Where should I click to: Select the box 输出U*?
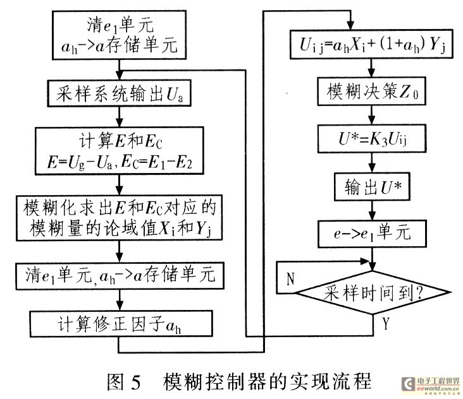click(373, 186)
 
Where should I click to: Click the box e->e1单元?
click(373, 232)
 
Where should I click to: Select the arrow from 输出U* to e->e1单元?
click(373, 209)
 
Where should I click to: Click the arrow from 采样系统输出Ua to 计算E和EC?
click(120, 119)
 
